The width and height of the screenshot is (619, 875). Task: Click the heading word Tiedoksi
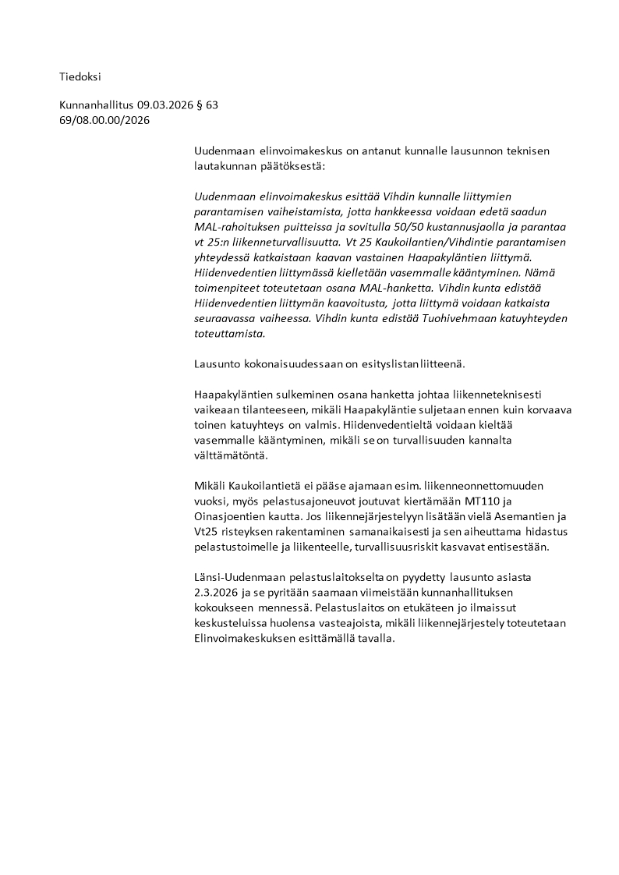[x=80, y=76]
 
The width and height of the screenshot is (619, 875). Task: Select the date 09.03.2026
[x=164, y=105]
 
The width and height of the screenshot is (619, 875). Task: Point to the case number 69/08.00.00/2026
[x=104, y=120]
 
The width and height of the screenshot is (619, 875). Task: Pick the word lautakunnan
[x=223, y=166]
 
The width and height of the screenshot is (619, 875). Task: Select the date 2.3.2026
[x=218, y=593]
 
